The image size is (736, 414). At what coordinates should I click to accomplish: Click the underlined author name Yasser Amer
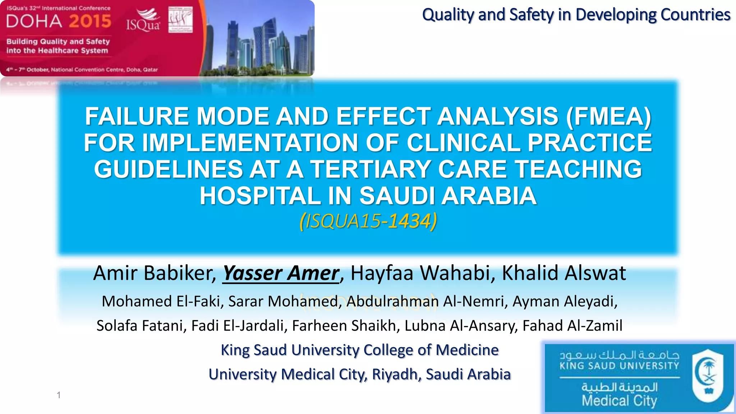(x=281, y=273)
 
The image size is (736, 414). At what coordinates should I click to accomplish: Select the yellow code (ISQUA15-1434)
(x=368, y=221)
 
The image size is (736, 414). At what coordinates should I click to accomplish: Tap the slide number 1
(x=59, y=395)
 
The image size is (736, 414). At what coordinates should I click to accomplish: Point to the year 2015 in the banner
(x=90, y=22)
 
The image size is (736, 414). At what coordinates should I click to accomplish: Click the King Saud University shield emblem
(x=708, y=376)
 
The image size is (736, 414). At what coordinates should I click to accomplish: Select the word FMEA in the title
(x=608, y=116)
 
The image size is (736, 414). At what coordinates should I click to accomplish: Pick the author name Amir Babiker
(x=154, y=273)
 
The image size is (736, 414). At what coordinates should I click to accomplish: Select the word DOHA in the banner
(x=34, y=22)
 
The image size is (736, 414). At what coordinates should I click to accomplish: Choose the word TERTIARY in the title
(x=370, y=169)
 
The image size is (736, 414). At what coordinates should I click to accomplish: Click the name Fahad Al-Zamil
(x=572, y=326)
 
